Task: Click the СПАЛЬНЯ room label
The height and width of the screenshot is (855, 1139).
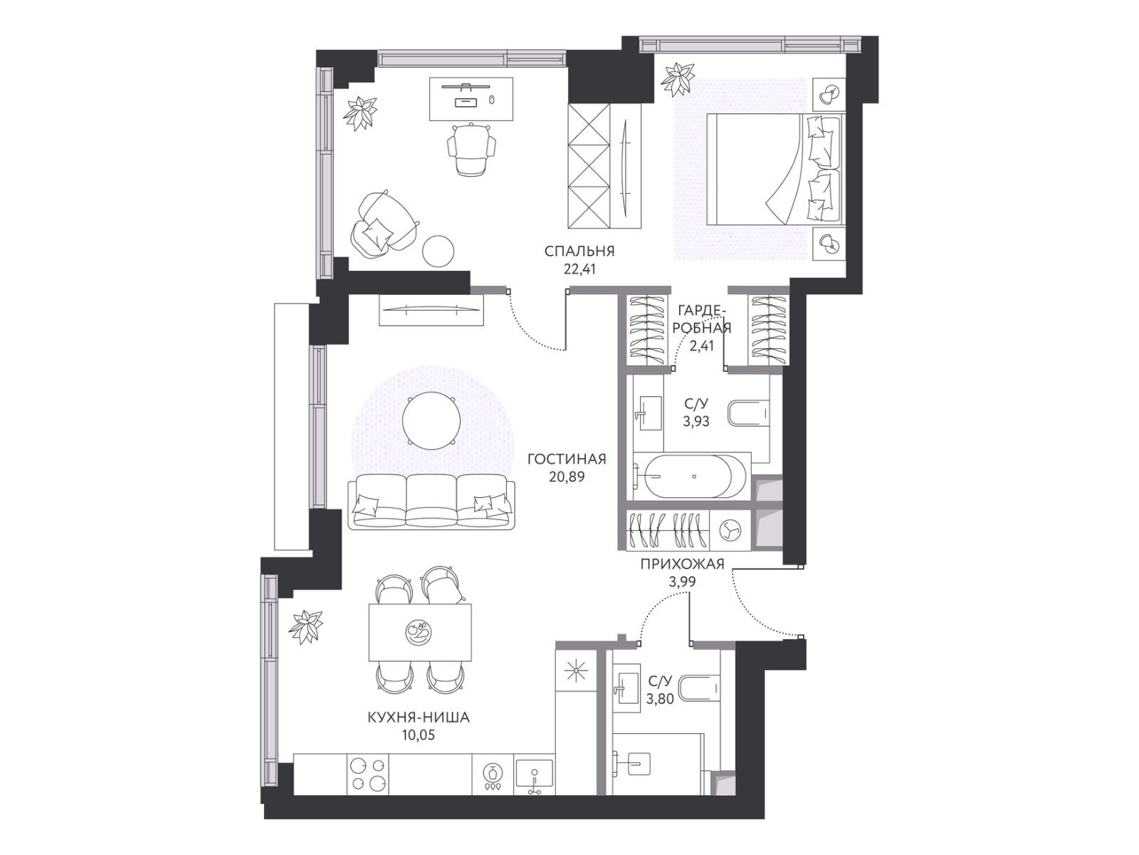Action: pyautogui.click(x=579, y=252)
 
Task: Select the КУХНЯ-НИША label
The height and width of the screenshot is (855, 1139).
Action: pyautogui.click(x=419, y=718)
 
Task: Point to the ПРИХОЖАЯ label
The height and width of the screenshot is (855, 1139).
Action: pyautogui.click(x=682, y=564)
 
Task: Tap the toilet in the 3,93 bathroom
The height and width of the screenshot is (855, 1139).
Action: pyautogui.click(x=749, y=413)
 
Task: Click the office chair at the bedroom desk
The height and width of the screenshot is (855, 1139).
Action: pyautogui.click(x=471, y=149)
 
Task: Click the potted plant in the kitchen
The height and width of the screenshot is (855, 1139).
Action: pyautogui.click(x=308, y=626)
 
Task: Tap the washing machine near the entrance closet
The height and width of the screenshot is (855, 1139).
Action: pyautogui.click(x=730, y=530)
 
